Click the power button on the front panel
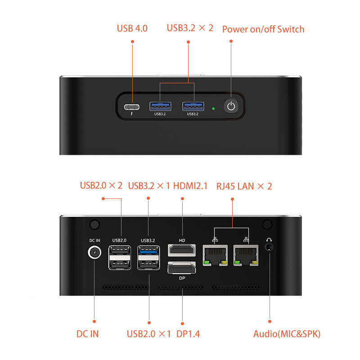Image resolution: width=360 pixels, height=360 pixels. click(x=231, y=107)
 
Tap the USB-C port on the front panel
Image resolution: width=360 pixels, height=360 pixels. click(x=131, y=107)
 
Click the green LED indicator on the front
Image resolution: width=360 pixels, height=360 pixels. click(x=213, y=108)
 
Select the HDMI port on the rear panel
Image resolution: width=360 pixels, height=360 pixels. click(x=182, y=250)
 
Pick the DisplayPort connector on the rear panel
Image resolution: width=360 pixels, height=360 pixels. click(x=182, y=269)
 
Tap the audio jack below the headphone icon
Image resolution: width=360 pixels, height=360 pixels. click(x=270, y=247)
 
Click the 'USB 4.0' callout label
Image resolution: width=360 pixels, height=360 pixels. click(x=132, y=29)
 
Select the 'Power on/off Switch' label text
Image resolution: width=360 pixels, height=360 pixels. click(x=263, y=29)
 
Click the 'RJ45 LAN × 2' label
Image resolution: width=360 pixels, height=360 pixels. click(x=244, y=186)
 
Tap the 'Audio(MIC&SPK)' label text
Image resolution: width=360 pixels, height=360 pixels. click(x=287, y=334)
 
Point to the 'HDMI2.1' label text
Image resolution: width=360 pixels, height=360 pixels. click(x=190, y=185)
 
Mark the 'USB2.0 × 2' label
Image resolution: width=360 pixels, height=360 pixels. click(x=101, y=185)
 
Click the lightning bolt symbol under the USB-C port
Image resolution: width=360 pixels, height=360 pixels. click(x=131, y=114)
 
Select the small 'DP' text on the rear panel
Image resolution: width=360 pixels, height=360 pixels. click(x=182, y=278)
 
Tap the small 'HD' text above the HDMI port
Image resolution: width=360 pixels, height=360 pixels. click(x=182, y=240)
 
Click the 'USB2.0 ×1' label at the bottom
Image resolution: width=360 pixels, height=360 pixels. click(x=149, y=334)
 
